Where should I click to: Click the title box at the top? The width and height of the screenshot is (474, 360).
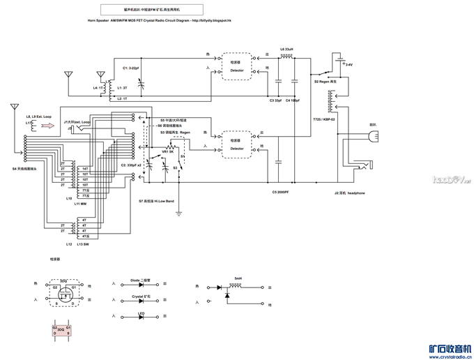click(x=152, y=10)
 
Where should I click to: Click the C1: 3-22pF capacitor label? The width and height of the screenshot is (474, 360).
click(x=131, y=68)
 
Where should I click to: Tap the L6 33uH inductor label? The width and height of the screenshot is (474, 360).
click(x=286, y=49)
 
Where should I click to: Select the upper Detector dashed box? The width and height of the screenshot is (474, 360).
click(x=237, y=67)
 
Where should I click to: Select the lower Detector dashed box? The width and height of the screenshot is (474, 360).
click(x=237, y=144)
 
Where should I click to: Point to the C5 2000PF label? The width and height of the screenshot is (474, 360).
click(x=281, y=192)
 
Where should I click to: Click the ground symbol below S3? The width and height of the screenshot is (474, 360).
click(x=179, y=212)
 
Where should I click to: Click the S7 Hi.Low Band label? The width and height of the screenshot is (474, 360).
click(x=156, y=200)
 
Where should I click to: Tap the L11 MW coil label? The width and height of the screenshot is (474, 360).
click(x=81, y=204)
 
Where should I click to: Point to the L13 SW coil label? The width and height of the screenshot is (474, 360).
click(x=82, y=244)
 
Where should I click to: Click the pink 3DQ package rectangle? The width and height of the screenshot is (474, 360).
click(x=61, y=329)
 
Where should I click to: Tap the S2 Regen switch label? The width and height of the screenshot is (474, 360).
click(x=326, y=82)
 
